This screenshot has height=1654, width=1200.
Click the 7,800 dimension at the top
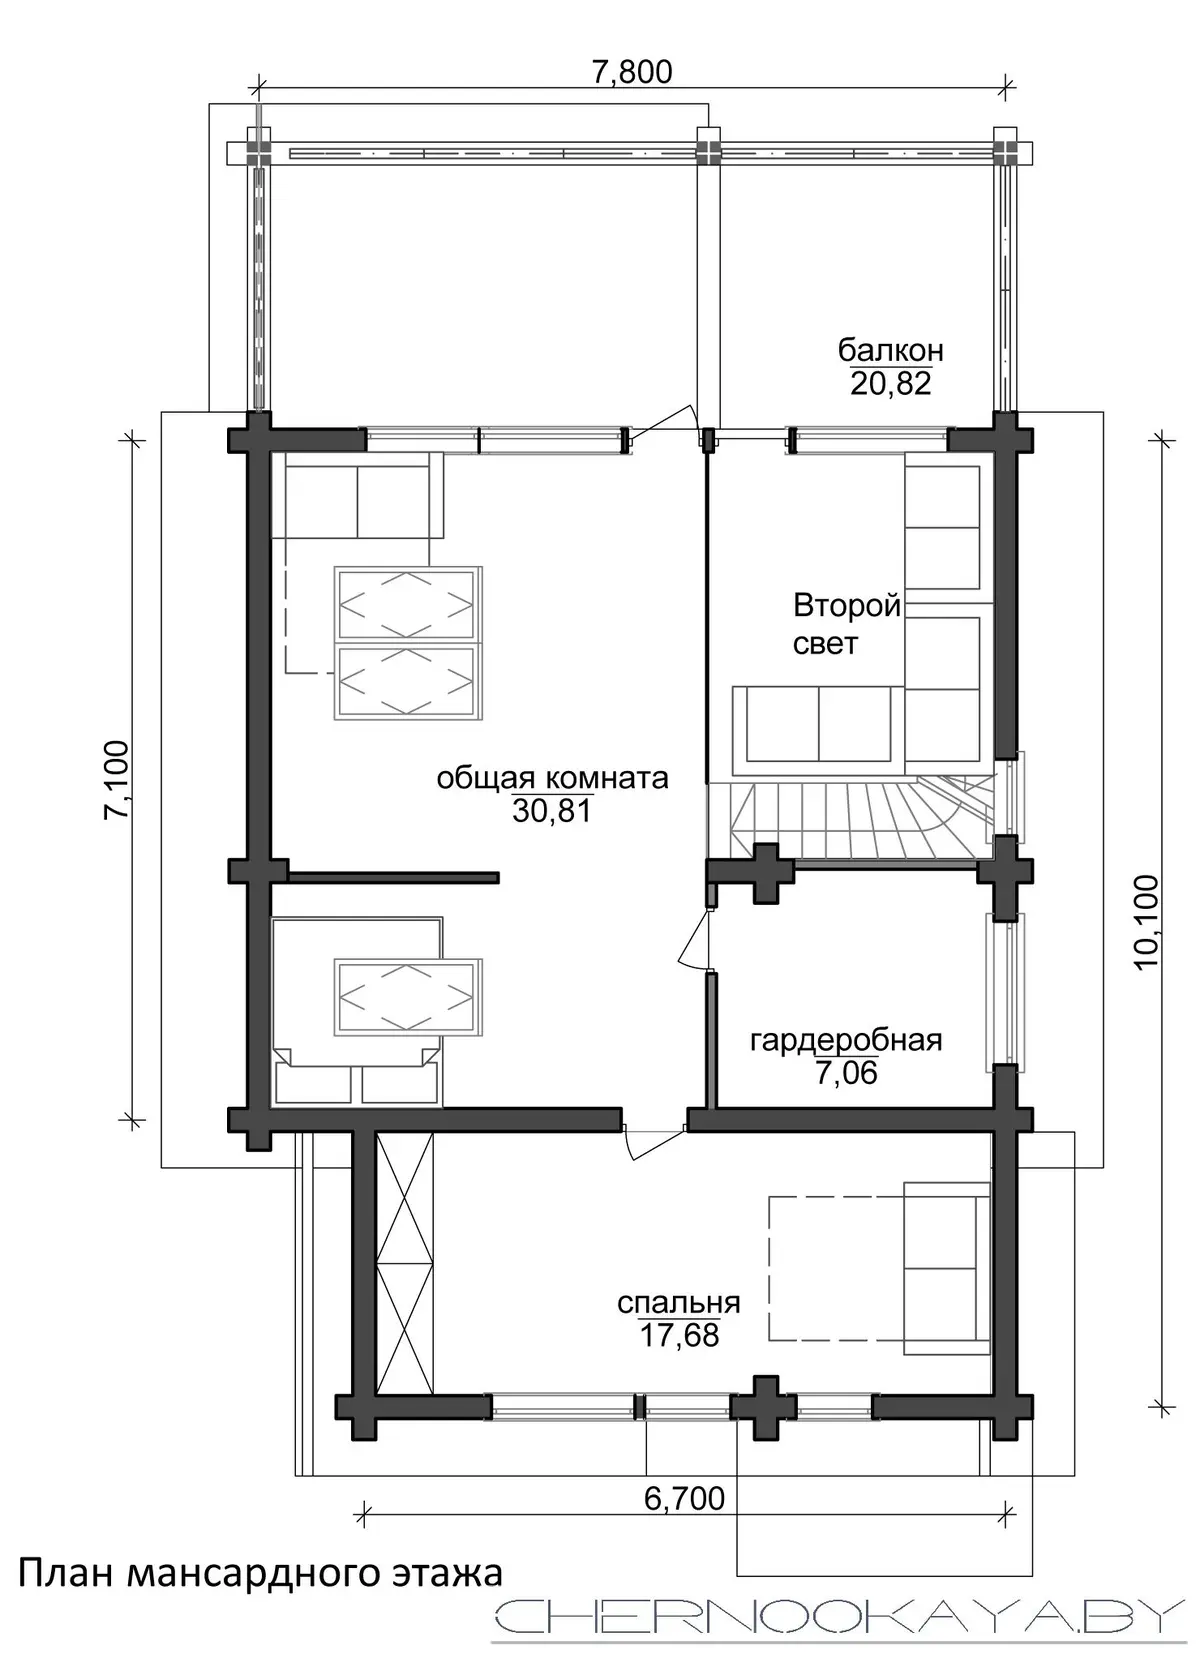click(632, 72)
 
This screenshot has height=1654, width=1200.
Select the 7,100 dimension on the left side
click(117, 778)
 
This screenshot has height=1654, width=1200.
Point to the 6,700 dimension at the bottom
click(684, 1498)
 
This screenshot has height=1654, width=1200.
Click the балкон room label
click(891, 350)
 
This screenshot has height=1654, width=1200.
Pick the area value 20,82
click(891, 384)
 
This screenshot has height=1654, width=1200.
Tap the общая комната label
click(552, 778)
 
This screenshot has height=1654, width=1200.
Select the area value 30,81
click(552, 811)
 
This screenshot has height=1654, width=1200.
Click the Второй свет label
click(847, 625)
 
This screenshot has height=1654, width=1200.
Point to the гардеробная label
click(846, 1040)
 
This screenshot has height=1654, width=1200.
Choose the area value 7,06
click(846, 1073)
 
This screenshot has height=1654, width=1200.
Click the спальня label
click(679, 1303)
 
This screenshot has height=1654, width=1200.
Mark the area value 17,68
click(679, 1335)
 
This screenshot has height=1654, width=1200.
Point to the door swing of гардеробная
click(694, 939)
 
